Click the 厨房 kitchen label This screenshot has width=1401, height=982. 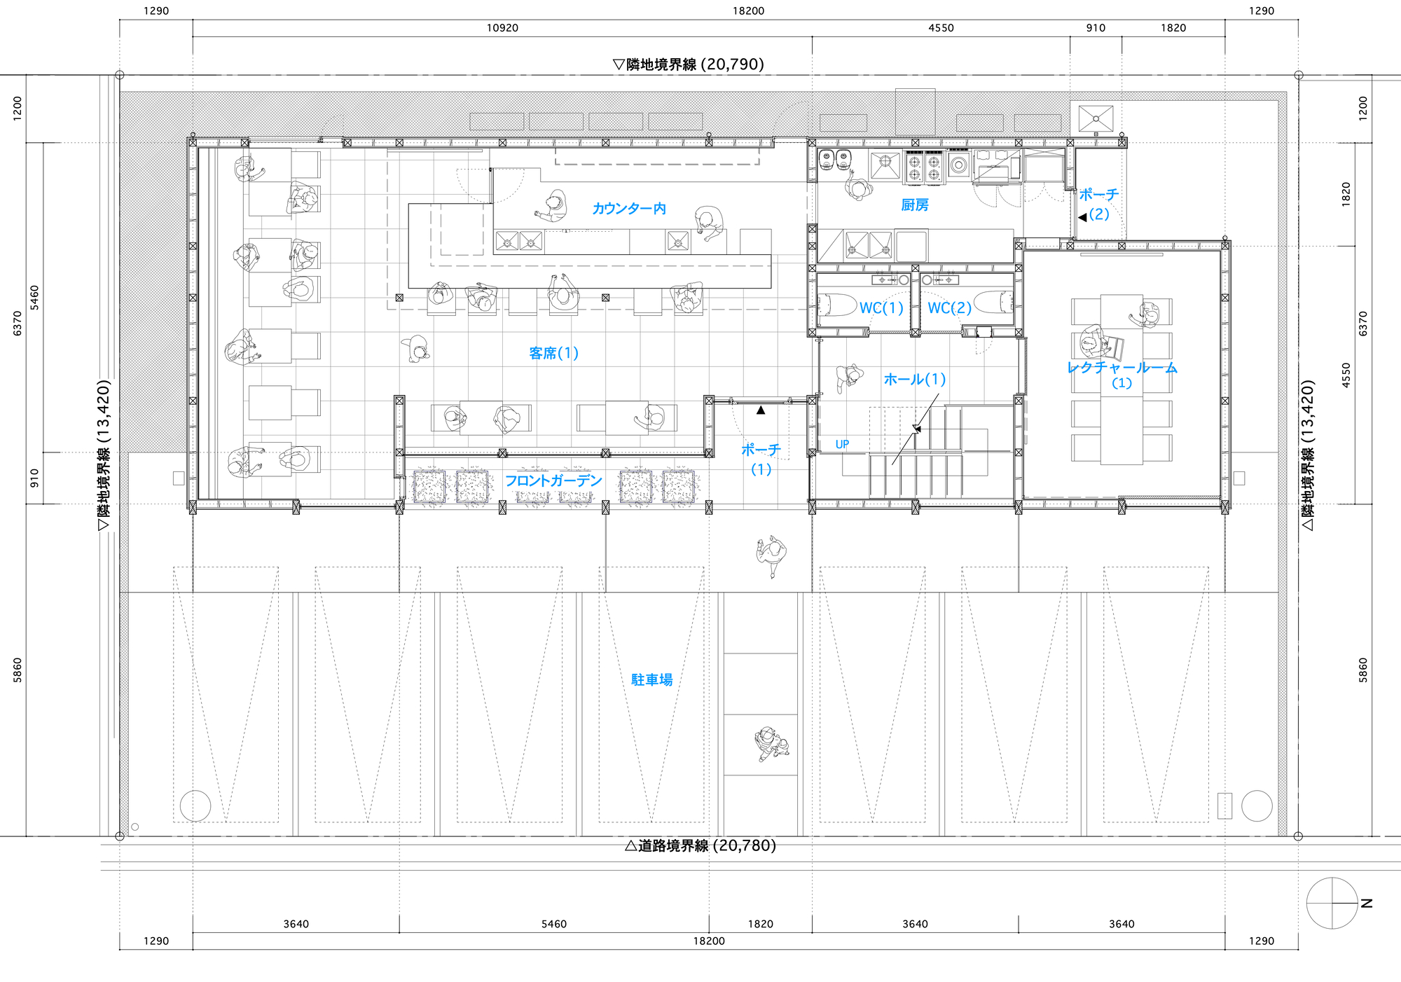pyautogui.click(x=915, y=205)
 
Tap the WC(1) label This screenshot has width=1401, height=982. pyautogui.click(x=881, y=308)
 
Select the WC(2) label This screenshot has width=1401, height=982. pyautogui.click(x=949, y=308)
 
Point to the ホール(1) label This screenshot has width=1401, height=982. pyautogui.click(x=915, y=380)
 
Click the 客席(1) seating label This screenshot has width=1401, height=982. pyautogui.click(x=553, y=354)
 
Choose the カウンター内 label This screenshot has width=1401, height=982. pyautogui.click(x=629, y=209)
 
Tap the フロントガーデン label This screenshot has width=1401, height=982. pyautogui.click(x=553, y=480)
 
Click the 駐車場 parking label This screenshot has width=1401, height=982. pyautogui.click(x=651, y=680)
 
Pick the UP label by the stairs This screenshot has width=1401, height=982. pyautogui.click(x=842, y=445)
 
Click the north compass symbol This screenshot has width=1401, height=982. pyautogui.click(x=1332, y=903)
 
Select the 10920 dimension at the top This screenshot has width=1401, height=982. pyautogui.click(x=502, y=28)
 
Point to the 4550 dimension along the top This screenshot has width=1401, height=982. pyautogui.click(x=941, y=28)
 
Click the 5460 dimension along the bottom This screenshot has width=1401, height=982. pyautogui.click(x=553, y=924)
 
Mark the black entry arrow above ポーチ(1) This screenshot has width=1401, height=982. pyautogui.click(x=761, y=410)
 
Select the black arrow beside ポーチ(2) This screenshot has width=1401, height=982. pyautogui.click(x=1082, y=217)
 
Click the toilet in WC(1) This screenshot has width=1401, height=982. pyautogui.click(x=838, y=305)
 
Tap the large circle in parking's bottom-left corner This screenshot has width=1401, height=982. pyautogui.click(x=195, y=805)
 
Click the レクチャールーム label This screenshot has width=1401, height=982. pyautogui.click(x=1122, y=368)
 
